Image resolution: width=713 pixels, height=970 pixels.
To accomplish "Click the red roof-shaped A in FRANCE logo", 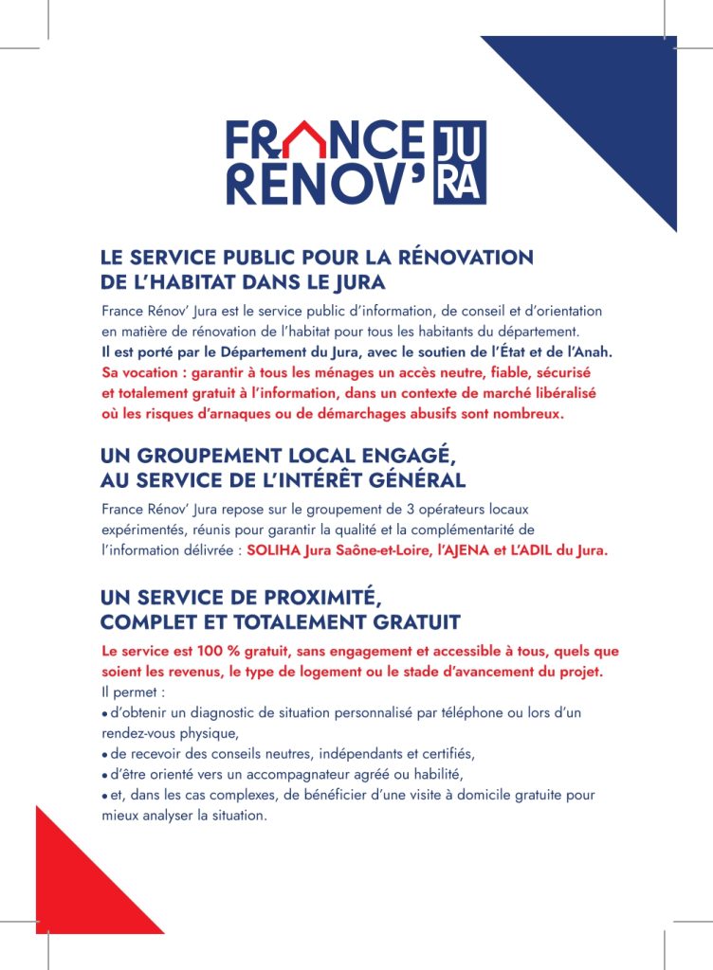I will (304, 142).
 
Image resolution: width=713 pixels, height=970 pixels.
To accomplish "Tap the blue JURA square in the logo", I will (459, 162).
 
